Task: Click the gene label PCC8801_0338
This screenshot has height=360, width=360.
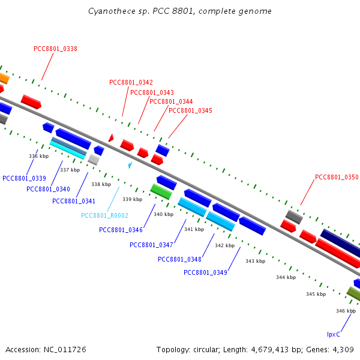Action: point(55,49)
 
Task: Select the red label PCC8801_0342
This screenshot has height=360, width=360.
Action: point(131,83)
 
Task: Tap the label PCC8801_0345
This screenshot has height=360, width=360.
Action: point(190,110)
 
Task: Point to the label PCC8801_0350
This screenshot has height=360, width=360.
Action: point(337,177)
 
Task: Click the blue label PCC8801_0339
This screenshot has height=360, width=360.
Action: point(24,178)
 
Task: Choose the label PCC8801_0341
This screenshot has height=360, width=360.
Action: point(74,201)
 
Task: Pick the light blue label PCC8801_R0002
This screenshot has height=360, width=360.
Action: point(104,215)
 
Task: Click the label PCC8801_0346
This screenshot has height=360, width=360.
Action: point(121,230)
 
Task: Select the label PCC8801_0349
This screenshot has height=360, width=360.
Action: point(205,272)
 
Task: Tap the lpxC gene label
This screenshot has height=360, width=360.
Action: point(334,334)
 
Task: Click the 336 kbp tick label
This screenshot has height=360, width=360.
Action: point(38,156)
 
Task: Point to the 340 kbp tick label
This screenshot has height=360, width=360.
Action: point(163,214)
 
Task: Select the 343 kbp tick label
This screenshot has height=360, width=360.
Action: point(255,261)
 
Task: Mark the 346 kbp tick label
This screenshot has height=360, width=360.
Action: point(346,311)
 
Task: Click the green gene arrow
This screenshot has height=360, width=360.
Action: point(161,191)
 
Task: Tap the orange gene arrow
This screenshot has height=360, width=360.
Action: point(3,78)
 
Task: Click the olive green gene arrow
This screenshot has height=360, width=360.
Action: point(353,293)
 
